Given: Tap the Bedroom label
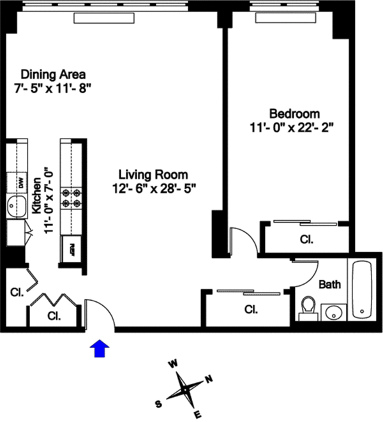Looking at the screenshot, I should [x=291, y=113].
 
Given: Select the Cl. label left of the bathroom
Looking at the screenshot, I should [x=251, y=310].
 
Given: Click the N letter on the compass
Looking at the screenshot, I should [x=209, y=380].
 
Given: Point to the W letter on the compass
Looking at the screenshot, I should [x=172, y=364].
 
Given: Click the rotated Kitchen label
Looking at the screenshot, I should [x=36, y=195].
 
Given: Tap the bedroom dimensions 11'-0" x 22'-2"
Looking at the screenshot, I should [x=292, y=127].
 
